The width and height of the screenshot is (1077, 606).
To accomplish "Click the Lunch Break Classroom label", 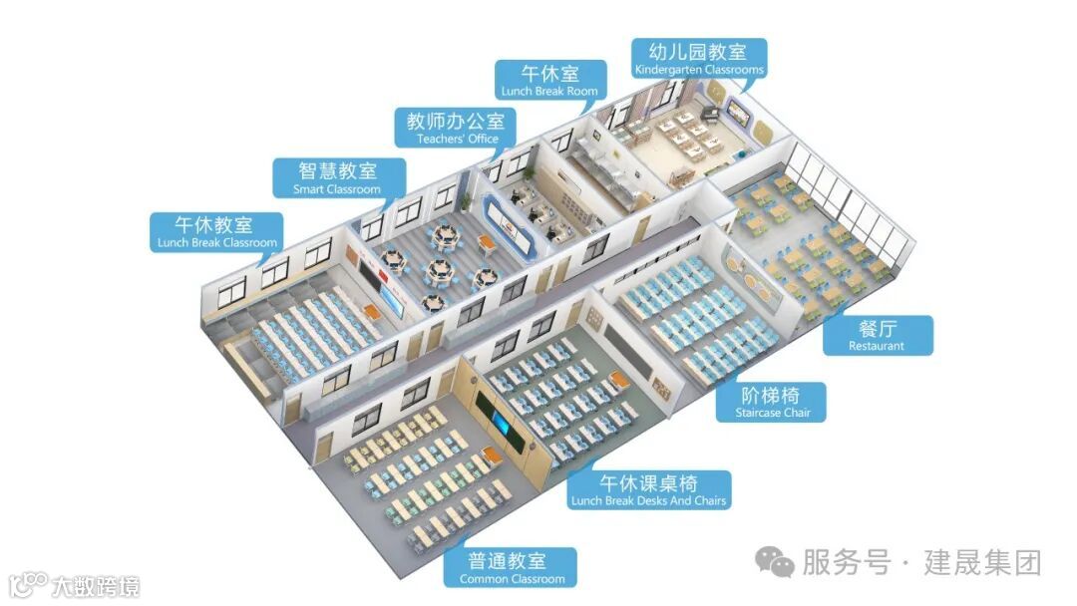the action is tap(216, 232).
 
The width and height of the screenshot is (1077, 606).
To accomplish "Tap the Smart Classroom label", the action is tap(337, 178).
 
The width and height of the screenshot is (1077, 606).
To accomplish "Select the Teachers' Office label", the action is tap(456, 129).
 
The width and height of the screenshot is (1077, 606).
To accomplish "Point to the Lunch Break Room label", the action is tap(550, 80).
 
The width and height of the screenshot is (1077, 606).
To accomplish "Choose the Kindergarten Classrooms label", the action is tap(699, 58).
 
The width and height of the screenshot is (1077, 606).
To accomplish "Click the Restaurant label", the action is tap(877, 335).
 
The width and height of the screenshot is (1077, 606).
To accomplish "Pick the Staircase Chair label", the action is tap(772, 402).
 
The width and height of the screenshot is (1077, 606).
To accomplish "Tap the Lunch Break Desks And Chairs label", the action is tap(648, 490).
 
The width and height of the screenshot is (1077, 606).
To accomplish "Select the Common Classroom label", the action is tap(512, 567).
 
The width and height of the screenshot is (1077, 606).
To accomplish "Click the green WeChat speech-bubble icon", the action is tap(774, 563).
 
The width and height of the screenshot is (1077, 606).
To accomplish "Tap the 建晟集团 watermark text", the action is tap(983, 563).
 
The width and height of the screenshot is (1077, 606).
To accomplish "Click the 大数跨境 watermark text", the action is tap(96, 585).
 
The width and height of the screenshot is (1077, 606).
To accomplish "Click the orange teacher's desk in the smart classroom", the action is tap(488, 242).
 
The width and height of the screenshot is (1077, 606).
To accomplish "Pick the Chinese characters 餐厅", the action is tap(877, 329).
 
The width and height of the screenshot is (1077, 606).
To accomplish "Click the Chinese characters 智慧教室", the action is tap(337, 170).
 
